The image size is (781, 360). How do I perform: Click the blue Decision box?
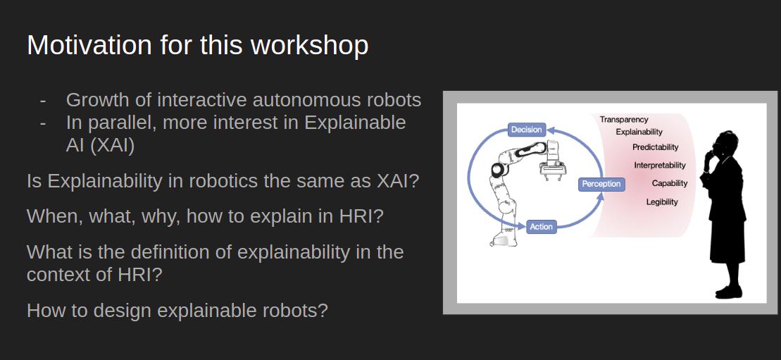(x=527, y=130)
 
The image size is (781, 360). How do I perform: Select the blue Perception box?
(x=601, y=184)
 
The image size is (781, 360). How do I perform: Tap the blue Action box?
(x=541, y=226)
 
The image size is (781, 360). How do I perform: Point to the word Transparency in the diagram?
(x=624, y=120)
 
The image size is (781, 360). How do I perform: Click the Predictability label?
(x=656, y=147)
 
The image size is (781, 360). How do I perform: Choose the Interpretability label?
(x=660, y=165)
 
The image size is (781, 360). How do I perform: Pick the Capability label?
(x=670, y=183)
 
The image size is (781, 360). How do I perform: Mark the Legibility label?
(x=662, y=202)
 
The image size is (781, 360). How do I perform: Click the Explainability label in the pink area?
(x=639, y=132)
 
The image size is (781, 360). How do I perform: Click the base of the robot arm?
(x=504, y=236)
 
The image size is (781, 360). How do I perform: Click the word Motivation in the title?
(x=89, y=45)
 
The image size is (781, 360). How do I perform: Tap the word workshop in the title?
(x=309, y=45)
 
